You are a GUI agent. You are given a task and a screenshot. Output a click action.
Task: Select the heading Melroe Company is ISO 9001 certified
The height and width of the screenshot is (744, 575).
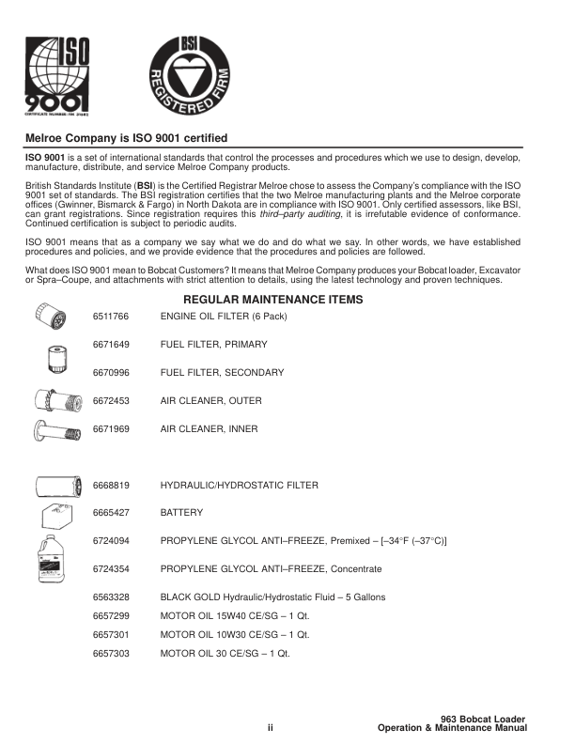[x=126, y=138]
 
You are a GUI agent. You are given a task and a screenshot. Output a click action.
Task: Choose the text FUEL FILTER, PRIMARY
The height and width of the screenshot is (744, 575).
[x=213, y=345]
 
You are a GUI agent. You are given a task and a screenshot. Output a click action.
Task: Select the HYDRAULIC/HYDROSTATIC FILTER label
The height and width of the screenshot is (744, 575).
[x=239, y=486]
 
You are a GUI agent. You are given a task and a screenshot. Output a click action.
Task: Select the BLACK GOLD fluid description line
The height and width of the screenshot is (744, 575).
[x=272, y=597]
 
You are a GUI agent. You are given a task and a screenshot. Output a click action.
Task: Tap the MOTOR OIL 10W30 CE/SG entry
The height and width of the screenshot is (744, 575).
[x=235, y=635]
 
